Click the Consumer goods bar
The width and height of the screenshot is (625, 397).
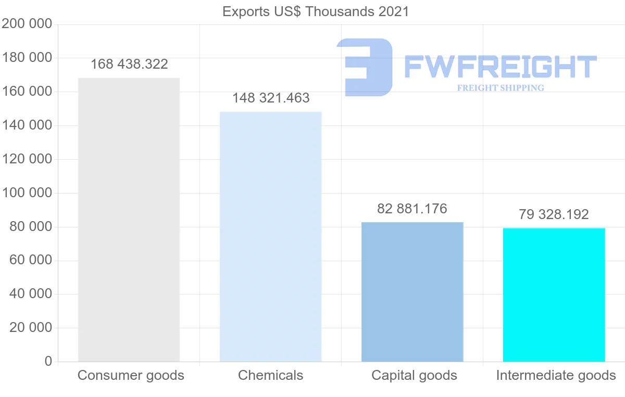point(129,220)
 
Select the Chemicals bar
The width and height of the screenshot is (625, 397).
point(270,237)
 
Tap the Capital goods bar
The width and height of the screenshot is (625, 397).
point(412,292)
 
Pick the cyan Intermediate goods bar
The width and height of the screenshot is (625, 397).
point(554,294)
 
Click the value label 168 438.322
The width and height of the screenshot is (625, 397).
point(129,64)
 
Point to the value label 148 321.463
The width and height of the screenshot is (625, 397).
point(271,98)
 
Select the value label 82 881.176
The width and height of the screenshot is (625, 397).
point(412,209)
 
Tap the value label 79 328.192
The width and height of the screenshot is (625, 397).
point(554,214)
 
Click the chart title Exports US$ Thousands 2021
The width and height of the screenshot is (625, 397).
point(316,11)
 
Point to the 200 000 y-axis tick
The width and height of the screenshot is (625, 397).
point(27,24)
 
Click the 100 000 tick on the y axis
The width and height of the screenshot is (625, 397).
point(27,193)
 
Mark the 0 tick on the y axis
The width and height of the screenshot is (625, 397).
point(48,361)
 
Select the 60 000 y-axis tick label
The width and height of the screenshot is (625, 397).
point(31,260)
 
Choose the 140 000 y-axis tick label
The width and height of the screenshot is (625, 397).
point(27,125)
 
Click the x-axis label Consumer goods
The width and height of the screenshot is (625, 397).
point(131,375)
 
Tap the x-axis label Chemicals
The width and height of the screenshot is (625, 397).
point(270,375)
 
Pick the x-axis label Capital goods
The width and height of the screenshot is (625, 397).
point(414,375)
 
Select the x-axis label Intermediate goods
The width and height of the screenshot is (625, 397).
point(556,375)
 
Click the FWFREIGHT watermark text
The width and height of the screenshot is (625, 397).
point(500,67)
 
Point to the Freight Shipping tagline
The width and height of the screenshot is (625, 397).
point(501,88)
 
